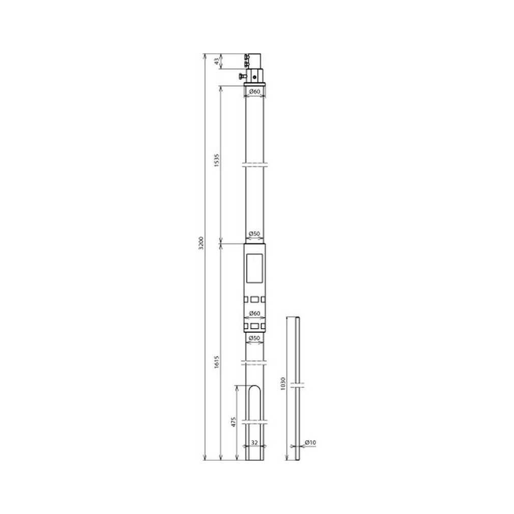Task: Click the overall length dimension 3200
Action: (201, 243)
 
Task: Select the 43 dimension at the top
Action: (216, 61)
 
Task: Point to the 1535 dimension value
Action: (217, 160)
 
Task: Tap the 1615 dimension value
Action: (217, 362)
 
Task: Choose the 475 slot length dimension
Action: (234, 421)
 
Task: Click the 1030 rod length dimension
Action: (283, 384)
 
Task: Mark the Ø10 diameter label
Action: (310, 443)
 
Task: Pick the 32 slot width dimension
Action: (254, 443)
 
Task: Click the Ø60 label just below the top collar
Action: (254, 92)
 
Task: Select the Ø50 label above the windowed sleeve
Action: (254, 234)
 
